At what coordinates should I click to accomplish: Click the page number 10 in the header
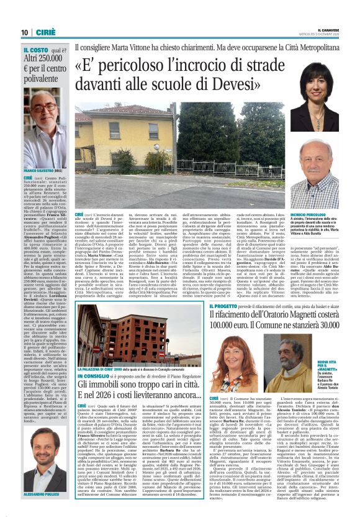coord(24,32)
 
